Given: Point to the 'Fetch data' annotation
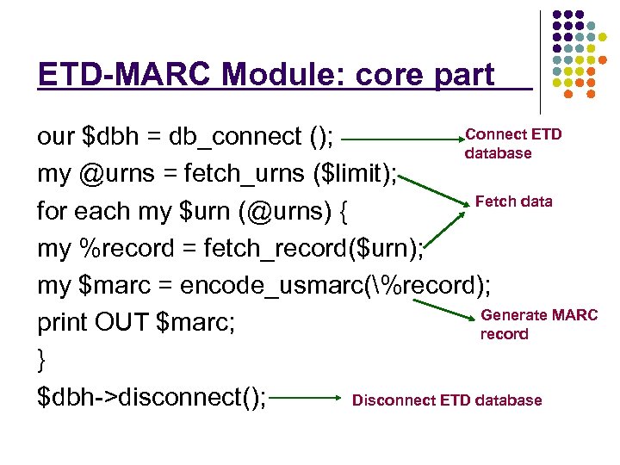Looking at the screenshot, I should pyautogui.click(x=513, y=201).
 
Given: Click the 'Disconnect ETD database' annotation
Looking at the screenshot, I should pyautogui.click(x=447, y=400).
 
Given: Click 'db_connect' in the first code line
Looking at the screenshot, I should pyautogui.click(x=233, y=137).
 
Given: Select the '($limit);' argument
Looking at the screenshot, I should pyautogui.click(x=352, y=175).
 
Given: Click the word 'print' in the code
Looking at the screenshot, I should pyautogui.click(x=63, y=323).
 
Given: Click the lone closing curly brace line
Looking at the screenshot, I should pyautogui.click(x=42, y=360).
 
